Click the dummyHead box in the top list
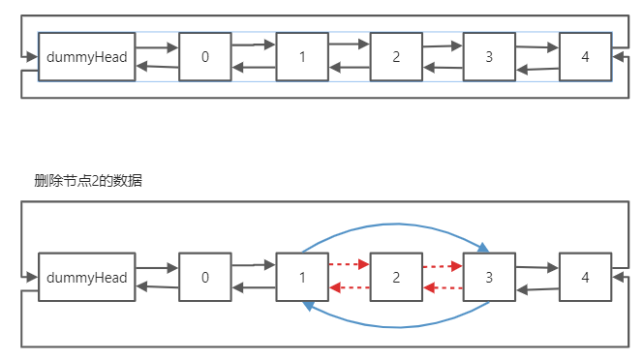(87, 56)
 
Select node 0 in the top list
(205, 56)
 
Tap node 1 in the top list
(302, 56)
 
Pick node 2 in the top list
(397, 56)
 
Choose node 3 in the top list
(489, 56)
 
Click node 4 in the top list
(585, 56)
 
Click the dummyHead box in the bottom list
(87, 277)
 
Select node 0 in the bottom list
(205, 277)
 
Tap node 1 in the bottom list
(302, 277)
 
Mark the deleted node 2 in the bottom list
(397, 277)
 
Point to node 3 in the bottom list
(489, 277)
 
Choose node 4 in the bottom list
(585, 277)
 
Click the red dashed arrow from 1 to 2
(350, 264)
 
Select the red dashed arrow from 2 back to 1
(350, 287)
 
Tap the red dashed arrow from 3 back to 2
(443, 287)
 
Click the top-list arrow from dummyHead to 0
(157, 45)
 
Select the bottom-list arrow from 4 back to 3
(537, 287)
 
